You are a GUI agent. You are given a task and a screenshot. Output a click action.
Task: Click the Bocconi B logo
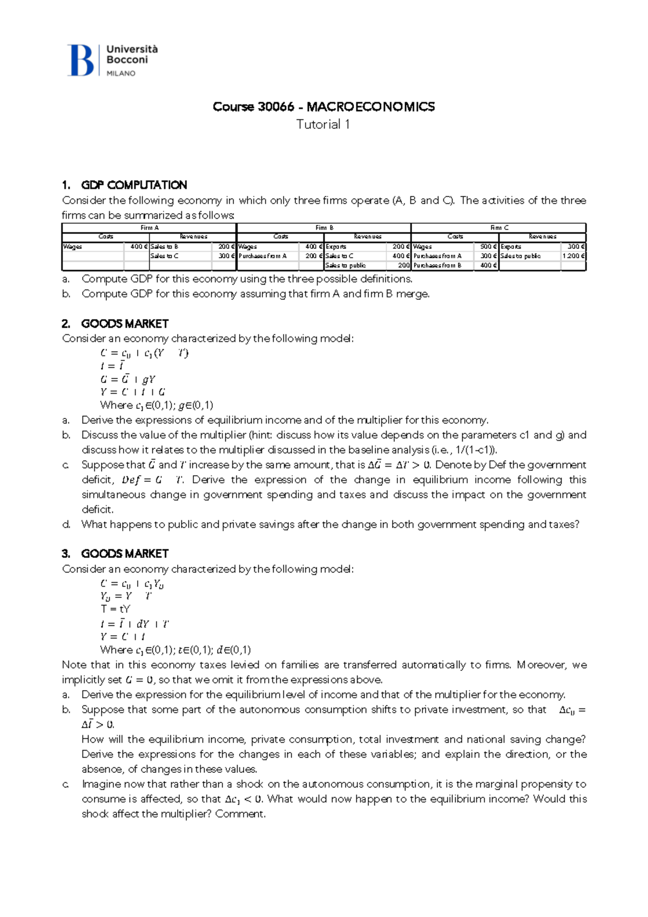point(81,60)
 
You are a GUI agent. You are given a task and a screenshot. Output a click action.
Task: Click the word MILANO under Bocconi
point(121,73)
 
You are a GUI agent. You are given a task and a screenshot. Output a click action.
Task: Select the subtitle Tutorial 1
point(323,125)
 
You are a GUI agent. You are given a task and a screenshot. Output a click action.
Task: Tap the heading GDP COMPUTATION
point(134,185)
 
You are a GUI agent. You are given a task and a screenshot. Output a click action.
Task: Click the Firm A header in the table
point(149,228)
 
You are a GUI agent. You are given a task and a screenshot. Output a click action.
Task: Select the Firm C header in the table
point(499,228)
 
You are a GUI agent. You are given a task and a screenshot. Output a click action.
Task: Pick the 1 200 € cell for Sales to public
point(573,256)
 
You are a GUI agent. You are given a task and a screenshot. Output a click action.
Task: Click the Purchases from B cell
point(437,265)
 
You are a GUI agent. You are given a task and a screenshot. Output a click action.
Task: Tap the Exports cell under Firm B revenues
point(336,246)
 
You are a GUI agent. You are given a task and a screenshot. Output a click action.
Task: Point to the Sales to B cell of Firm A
point(164,246)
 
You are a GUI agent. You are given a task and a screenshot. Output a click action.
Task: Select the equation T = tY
point(116,609)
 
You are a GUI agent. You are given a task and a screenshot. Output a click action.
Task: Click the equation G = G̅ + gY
point(128,379)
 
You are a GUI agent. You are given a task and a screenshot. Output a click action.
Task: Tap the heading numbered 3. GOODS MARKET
point(115,554)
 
